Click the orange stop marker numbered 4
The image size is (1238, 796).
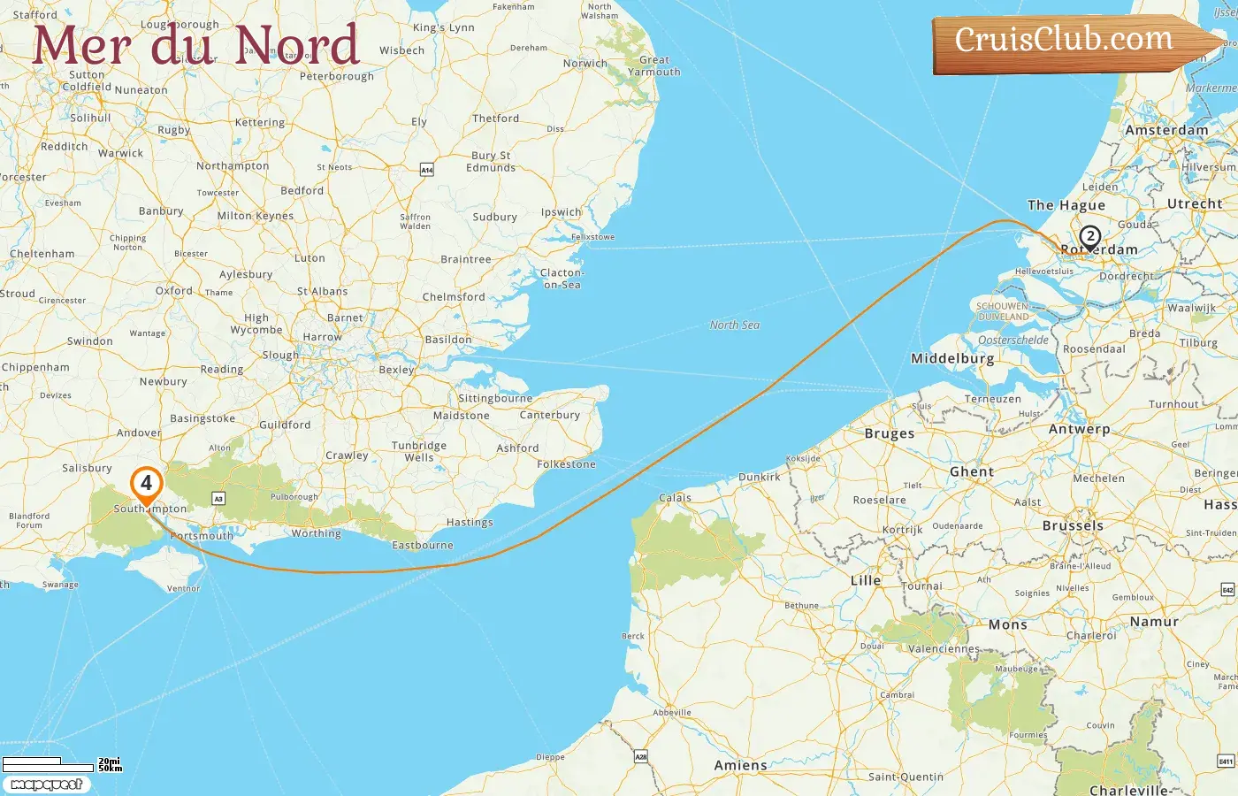[146, 484]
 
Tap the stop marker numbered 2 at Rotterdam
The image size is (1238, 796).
[1089, 236]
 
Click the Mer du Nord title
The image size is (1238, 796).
[195, 45]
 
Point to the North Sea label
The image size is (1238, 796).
[734, 325]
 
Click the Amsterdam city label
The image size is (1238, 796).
[1166, 130]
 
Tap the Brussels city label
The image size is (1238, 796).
[1073, 525]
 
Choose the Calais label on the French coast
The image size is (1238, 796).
[675, 498]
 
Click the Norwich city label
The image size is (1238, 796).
[585, 64]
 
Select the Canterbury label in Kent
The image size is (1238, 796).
[550, 415]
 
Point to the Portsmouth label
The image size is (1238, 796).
[203, 536]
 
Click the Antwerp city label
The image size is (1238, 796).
[1079, 429]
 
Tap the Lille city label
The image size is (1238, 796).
[866, 581]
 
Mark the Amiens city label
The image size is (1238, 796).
[740, 766]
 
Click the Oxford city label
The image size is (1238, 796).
[173, 290]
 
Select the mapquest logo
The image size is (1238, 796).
[46, 785]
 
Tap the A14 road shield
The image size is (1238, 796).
[427, 169]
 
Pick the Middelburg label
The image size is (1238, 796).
[952, 359]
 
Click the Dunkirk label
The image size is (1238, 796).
[759, 477]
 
